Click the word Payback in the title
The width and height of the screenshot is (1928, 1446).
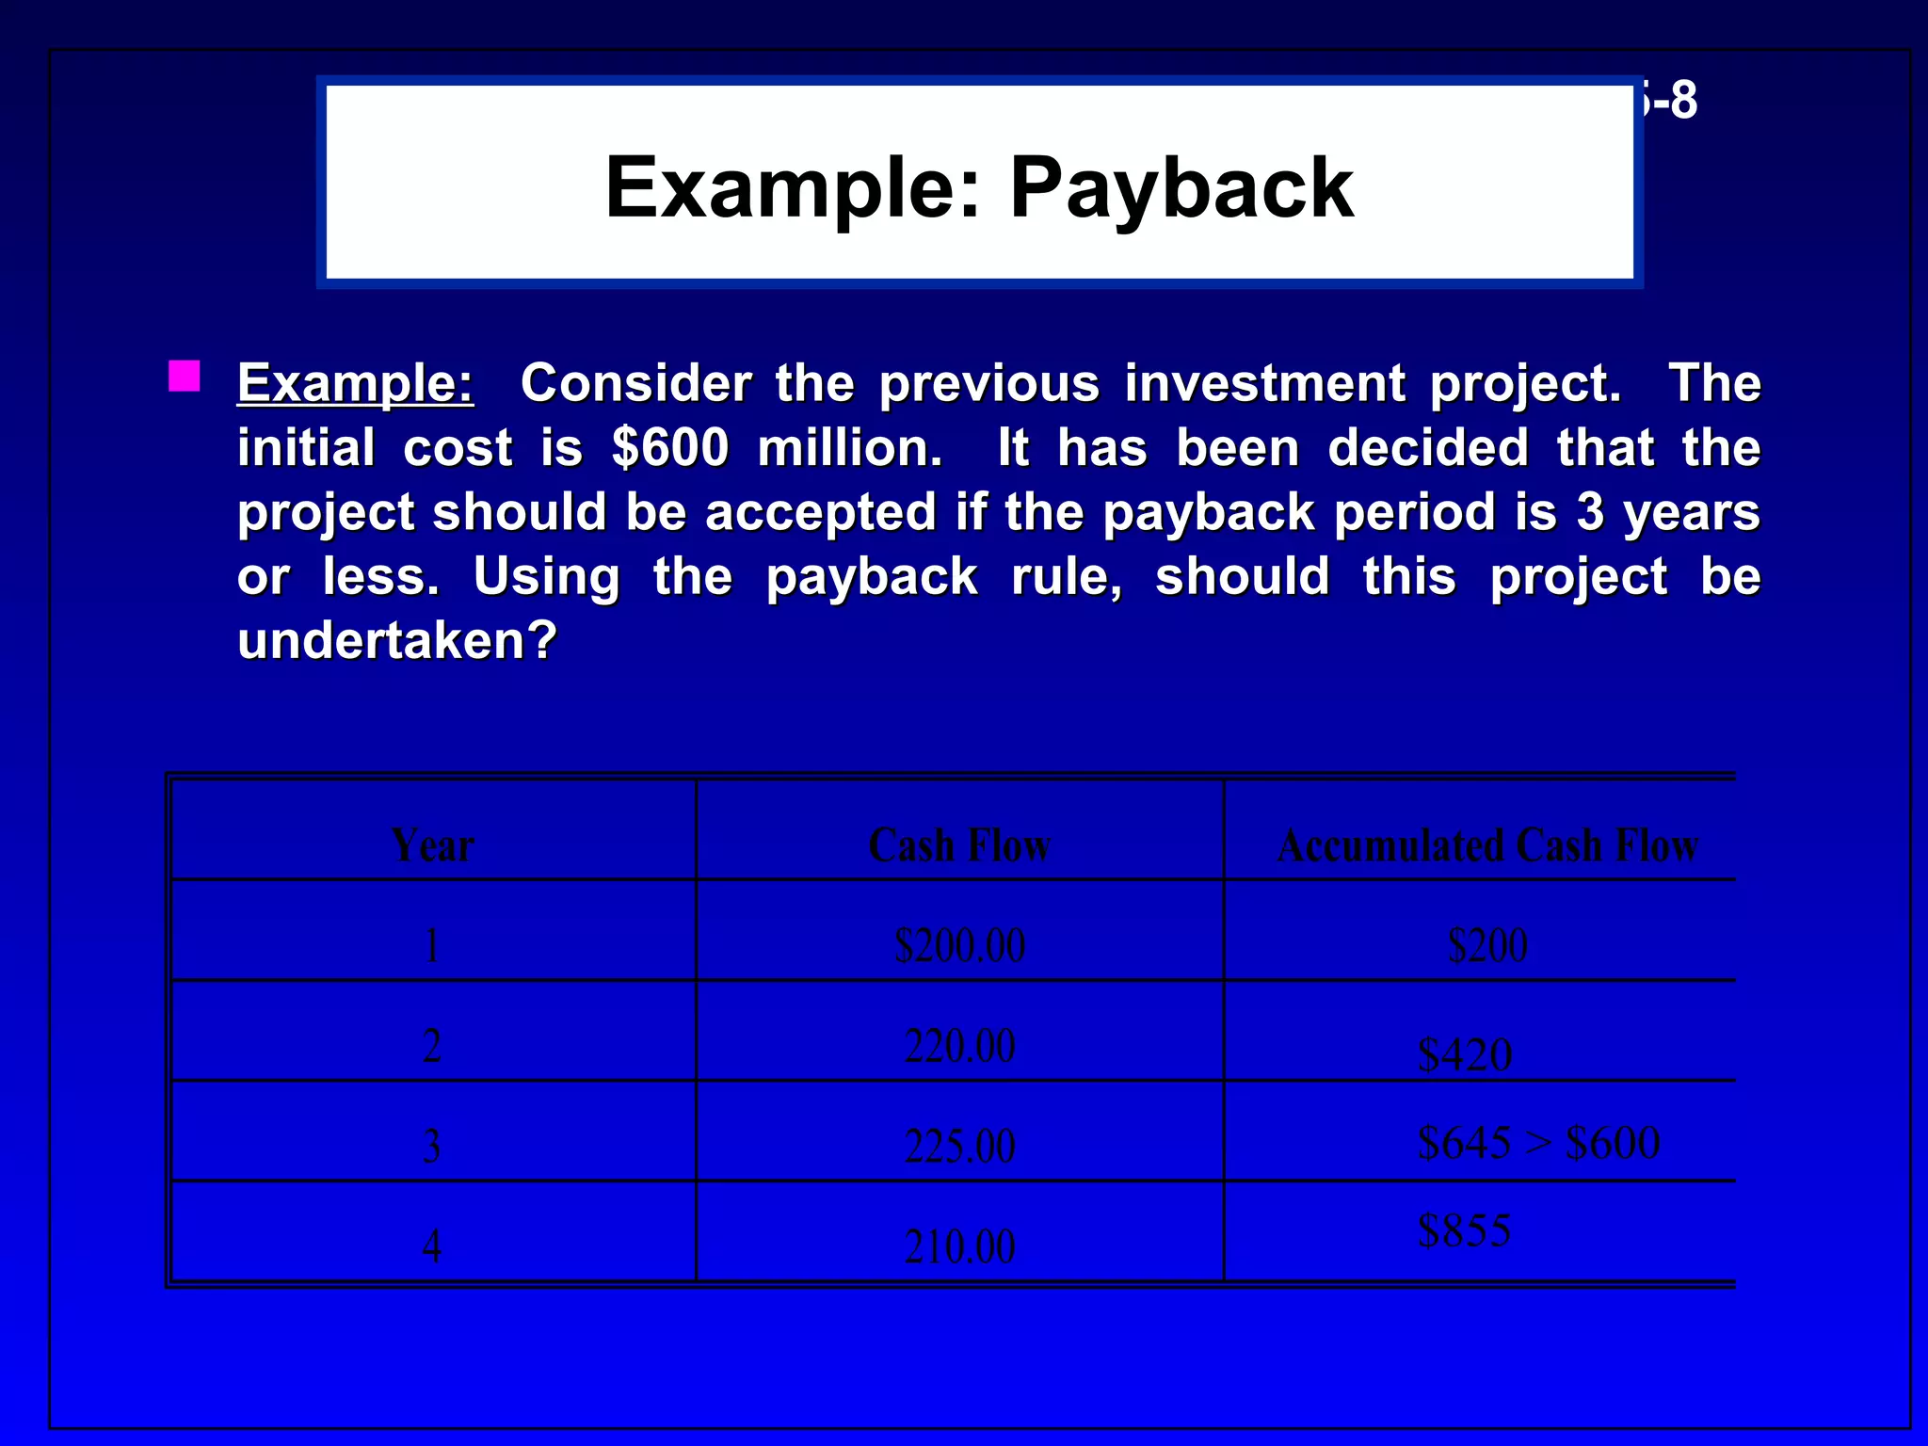[1181, 188]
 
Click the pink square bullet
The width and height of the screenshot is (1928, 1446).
[185, 376]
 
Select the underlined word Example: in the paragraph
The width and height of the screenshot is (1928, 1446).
[355, 383]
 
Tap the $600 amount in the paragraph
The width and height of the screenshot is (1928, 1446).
[669, 447]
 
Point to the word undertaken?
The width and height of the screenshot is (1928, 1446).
[397, 641]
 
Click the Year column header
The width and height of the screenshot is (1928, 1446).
[432, 844]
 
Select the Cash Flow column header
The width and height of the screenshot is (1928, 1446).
[959, 844]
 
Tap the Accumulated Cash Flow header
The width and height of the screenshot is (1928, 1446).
[1487, 844]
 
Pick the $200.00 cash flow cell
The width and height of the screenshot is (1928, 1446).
[959, 945]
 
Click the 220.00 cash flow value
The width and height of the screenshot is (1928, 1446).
[959, 1046]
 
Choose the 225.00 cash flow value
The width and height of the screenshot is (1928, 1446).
[959, 1147]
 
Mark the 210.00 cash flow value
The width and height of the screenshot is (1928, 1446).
[959, 1246]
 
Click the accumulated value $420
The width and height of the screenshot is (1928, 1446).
[1465, 1054]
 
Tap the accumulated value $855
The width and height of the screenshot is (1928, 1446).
[1465, 1230]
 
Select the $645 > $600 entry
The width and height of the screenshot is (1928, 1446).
[1538, 1143]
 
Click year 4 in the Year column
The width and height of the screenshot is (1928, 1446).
[432, 1246]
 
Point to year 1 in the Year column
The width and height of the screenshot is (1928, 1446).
[432, 945]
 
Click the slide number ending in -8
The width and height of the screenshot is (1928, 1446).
[1670, 100]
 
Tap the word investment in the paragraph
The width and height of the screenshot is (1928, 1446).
[1264, 383]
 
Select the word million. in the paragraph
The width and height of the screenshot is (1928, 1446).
[849, 447]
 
